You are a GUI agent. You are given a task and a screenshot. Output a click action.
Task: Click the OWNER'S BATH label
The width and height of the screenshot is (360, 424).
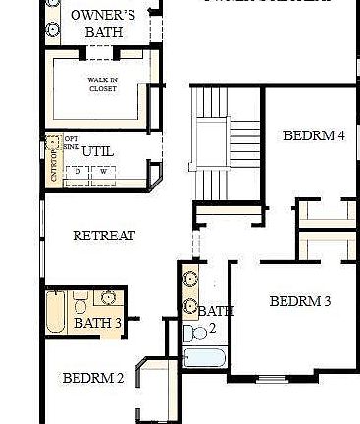click(x=102, y=24)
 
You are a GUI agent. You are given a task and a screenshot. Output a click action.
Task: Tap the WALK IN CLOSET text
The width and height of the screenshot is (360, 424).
click(x=102, y=85)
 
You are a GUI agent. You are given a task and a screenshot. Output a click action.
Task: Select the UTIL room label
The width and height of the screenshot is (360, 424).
click(x=98, y=151)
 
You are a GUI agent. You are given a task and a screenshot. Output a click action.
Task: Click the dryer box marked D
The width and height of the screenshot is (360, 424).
click(x=78, y=171)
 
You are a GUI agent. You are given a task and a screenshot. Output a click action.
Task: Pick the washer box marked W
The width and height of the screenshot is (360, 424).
click(x=102, y=171)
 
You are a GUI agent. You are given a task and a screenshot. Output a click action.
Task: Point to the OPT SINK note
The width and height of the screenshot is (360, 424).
click(x=72, y=143)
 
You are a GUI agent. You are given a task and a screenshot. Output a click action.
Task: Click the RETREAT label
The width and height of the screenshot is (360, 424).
click(x=104, y=237)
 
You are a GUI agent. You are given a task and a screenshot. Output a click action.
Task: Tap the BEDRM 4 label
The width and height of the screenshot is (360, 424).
click(x=314, y=135)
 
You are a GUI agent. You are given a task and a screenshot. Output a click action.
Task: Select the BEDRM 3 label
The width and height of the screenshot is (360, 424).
click(x=300, y=301)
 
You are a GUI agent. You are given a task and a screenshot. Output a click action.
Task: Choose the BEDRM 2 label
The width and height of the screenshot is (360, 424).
click(x=93, y=378)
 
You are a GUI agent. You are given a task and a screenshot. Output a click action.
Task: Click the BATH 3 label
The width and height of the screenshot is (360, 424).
click(x=98, y=322)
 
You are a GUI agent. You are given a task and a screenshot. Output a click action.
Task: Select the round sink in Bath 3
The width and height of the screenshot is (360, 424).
click(x=108, y=297)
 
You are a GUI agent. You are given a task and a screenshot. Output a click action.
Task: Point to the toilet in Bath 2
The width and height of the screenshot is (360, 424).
click(x=190, y=333)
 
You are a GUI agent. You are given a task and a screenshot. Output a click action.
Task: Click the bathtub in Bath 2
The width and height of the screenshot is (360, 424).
click(x=205, y=355)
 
